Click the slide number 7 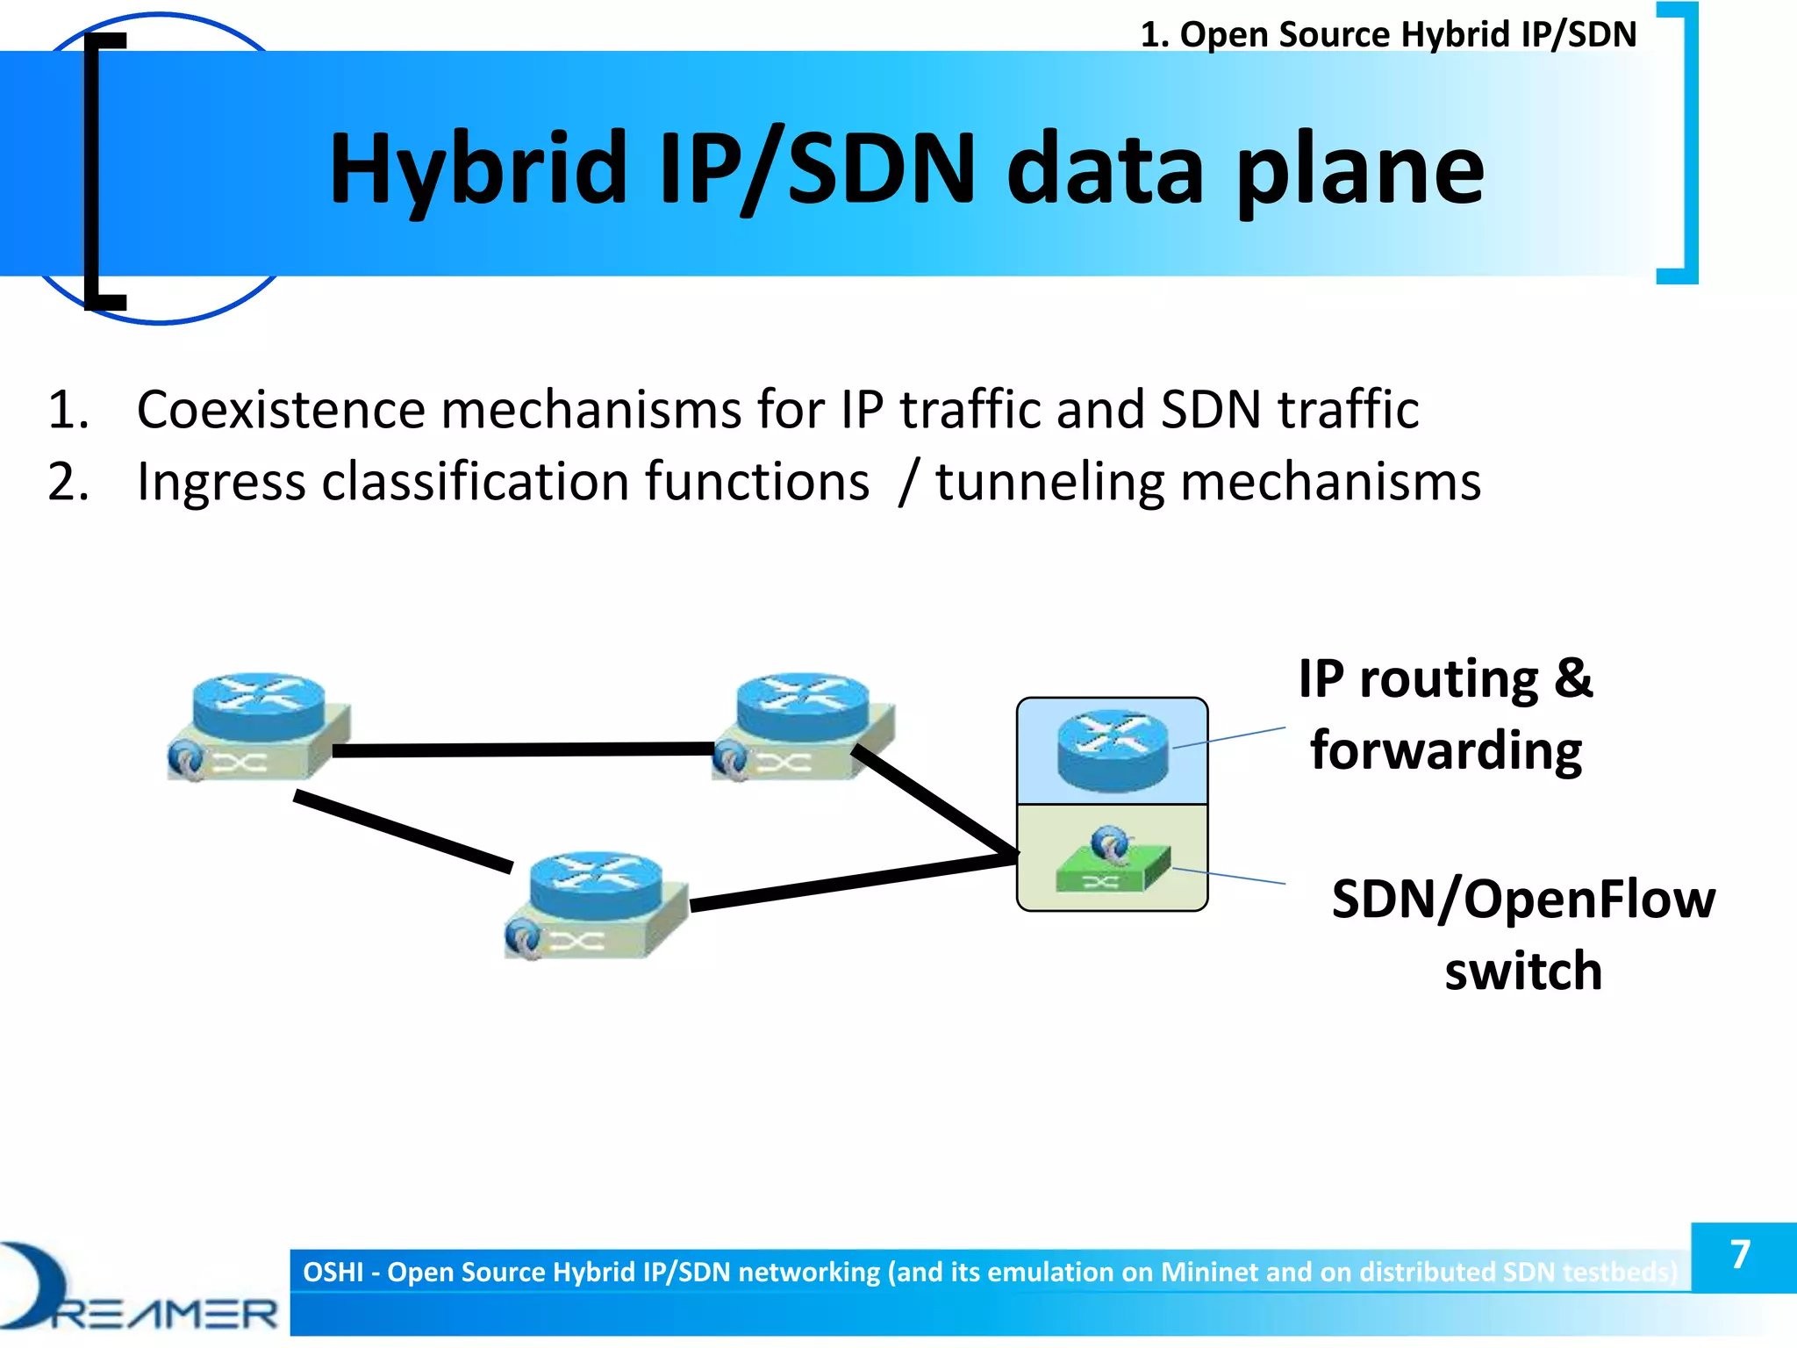(x=1741, y=1255)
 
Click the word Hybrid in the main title (x=477, y=168)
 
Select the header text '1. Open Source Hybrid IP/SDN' (x=1388, y=35)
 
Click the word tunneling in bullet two (x=1049, y=482)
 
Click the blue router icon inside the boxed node (x=1113, y=750)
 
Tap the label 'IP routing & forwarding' (x=1446, y=714)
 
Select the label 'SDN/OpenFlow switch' (x=1523, y=935)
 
